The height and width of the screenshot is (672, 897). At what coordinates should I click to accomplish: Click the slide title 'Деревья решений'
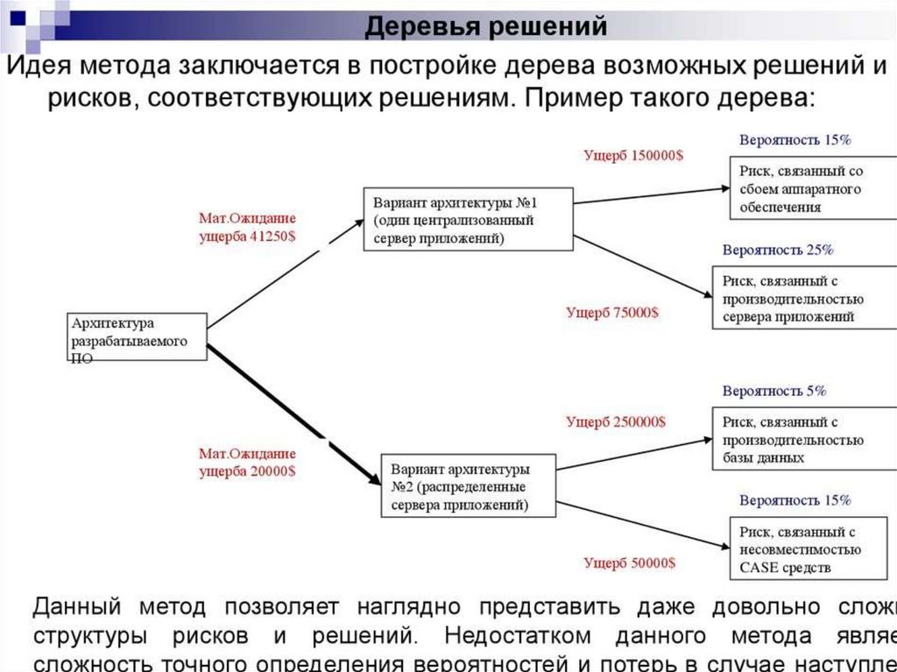click(486, 26)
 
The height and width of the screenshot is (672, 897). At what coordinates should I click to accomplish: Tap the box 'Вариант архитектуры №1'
click(468, 218)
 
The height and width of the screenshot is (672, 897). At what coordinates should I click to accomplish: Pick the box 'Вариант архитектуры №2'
click(468, 484)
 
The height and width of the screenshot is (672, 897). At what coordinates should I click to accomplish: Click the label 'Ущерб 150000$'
click(634, 155)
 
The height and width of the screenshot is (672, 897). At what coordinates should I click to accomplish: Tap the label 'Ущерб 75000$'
click(612, 312)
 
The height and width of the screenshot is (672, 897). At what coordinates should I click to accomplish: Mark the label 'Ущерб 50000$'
click(630, 562)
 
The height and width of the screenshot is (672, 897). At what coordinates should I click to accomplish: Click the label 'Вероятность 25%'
click(778, 250)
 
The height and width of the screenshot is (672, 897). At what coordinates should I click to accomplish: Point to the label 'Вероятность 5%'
click(774, 391)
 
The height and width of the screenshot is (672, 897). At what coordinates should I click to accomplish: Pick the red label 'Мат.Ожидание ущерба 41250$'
click(248, 227)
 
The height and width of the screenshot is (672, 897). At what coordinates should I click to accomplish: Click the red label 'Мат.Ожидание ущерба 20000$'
click(248, 462)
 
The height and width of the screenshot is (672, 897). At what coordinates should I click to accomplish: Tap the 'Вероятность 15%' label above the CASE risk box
click(795, 501)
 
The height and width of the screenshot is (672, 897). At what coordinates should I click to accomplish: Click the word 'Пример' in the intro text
click(569, 96)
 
